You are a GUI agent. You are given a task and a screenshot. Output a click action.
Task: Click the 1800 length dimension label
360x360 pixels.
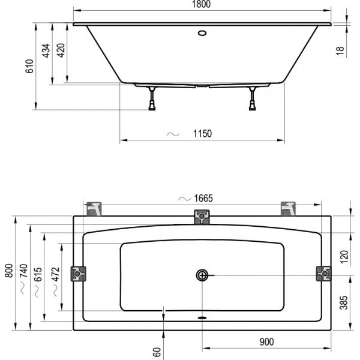point(201,4)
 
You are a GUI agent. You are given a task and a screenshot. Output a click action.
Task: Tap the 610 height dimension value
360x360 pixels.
point(29,66)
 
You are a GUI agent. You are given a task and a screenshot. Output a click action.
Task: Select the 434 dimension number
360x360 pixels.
point(46,50)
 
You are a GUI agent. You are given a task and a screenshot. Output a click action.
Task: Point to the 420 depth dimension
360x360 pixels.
point(61,50)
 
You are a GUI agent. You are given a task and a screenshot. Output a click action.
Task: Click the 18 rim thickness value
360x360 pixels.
point(340,50)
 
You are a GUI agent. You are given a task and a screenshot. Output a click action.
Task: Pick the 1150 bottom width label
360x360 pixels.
point(202,134)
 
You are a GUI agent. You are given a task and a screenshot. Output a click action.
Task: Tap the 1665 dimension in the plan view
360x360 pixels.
point(203,198)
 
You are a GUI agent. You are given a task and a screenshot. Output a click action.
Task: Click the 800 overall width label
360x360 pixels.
point(9,271)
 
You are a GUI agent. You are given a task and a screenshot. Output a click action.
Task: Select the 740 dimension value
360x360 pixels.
point(23,271)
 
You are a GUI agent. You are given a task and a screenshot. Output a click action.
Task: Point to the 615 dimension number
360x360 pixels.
point(38,274)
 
